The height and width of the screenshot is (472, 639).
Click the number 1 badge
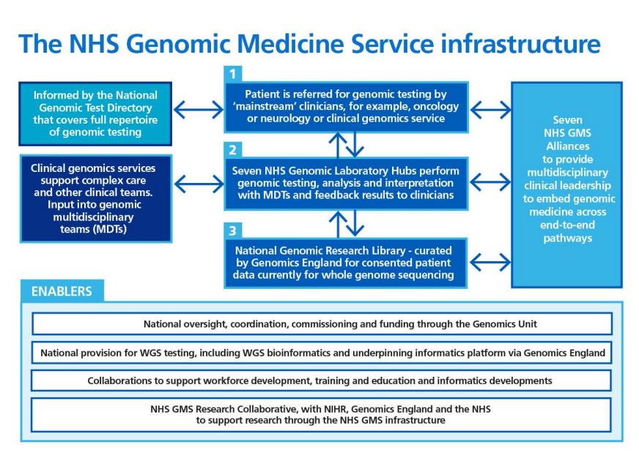[233, 74]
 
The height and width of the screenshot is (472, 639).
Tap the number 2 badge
[233, 149]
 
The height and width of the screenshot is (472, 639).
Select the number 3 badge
[233, 231]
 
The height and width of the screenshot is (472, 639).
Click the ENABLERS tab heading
[62, 291]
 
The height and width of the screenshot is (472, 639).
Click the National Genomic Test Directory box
[95, 113]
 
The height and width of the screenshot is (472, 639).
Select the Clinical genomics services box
[96, 198]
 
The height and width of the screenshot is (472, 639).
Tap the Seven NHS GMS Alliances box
[567, 184]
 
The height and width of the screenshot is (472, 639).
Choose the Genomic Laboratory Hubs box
[346, 183]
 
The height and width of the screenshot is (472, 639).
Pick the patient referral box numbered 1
[346, 107]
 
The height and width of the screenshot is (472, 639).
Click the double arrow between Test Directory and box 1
[199, 110]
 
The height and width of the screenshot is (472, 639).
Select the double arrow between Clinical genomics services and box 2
[199, 184]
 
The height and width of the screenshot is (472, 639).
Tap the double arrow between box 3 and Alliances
[490, 263]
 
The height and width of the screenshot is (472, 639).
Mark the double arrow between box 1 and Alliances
[490, 110]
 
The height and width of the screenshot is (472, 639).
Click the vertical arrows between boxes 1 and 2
[347, 145]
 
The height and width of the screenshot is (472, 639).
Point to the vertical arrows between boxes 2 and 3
[347, 224]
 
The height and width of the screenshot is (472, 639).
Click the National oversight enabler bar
[322, 324]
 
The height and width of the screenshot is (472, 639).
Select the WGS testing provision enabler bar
[322, 353]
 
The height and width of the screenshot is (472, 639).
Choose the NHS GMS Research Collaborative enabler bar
[321, 415]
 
